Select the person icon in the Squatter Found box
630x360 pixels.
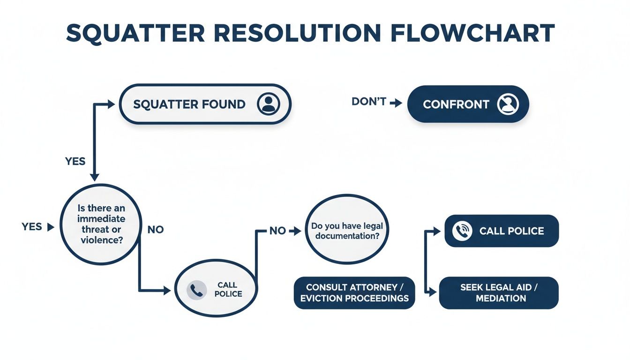click(268, 104)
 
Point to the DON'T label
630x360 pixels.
click(368, 102)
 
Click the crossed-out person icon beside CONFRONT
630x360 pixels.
click(508, 104)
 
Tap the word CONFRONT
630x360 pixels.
click(456, 104)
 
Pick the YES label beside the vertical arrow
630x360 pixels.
click(75, 161)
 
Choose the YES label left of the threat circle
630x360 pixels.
click(32, 227)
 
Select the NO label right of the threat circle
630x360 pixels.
click(155, 230)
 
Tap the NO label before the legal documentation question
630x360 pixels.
click(277, 231)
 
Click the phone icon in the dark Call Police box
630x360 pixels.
click(462, 231)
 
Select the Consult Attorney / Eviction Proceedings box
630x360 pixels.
click(354, 292)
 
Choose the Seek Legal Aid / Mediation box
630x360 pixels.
click(499, 292)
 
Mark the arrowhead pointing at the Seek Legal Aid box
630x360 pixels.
click(433, 292)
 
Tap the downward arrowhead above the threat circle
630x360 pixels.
click(95, 178)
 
